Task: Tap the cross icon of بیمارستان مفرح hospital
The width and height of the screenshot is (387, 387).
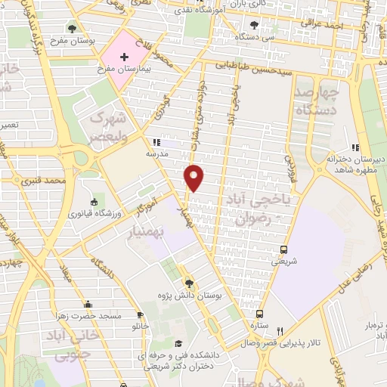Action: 125,57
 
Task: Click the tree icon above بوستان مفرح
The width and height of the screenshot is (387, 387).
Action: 72,29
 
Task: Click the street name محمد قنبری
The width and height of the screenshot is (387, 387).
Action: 66,181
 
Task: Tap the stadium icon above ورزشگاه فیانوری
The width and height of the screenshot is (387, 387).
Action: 93,202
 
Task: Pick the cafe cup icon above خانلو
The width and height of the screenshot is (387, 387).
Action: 141,315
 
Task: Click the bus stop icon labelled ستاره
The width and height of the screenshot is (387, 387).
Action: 260,314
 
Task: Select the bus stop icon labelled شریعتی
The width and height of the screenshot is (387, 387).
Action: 283,249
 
